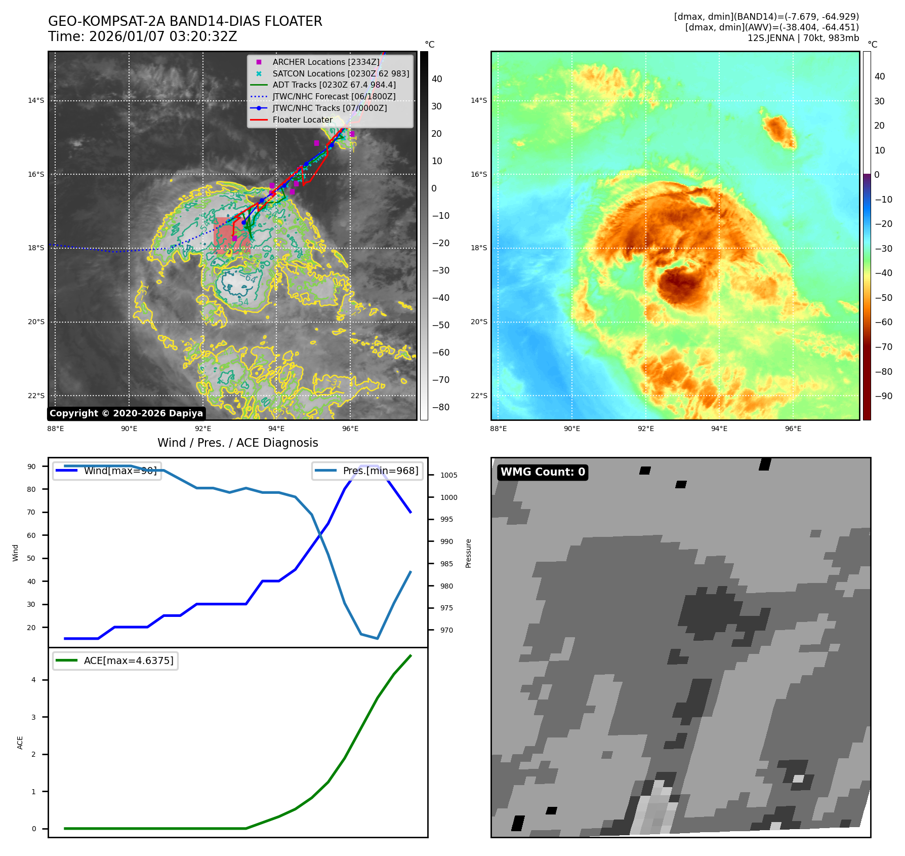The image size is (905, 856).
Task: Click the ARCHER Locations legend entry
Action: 325,62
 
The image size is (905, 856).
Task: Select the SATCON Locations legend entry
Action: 340,73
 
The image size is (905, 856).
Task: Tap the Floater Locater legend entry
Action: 302,120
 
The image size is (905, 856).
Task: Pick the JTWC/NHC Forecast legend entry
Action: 334,96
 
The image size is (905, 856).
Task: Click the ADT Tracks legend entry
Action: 334,85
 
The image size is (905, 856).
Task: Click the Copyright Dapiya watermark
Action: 126,413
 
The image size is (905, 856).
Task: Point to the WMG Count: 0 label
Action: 543,472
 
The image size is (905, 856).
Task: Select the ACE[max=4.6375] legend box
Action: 115,660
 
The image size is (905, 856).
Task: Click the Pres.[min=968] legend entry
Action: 367,471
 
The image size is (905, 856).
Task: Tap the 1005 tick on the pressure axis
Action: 448,475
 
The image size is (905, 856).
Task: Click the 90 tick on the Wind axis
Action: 31,466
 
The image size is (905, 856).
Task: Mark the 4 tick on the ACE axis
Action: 33,680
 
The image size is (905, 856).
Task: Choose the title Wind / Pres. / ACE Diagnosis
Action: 237,443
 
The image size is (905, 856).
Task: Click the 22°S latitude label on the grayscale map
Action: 36,396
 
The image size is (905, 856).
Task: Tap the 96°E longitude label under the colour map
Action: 793,429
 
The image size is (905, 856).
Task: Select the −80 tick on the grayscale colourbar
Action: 440,407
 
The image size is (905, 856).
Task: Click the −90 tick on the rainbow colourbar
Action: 883,396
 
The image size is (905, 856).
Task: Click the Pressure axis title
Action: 468,553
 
